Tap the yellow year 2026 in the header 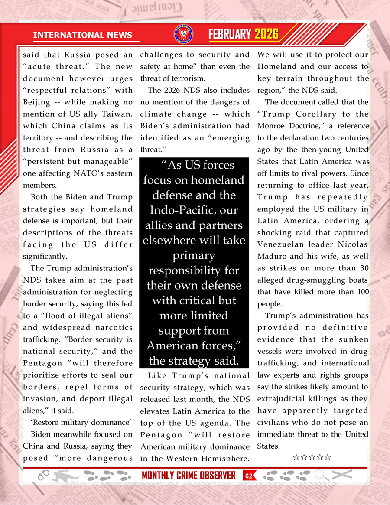click(x=266, y=34)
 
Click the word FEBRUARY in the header click(x=230, y=34)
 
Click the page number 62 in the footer click(x=249, y=476)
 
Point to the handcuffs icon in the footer click(x=43, y=476)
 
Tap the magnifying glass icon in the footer click(x=322, y=476)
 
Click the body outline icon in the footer click(x=65, y=476)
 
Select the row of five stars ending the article click(x=312, y=457)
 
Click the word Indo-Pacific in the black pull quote click(x=194, y=210)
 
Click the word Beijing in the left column click(x=37, y=102)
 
